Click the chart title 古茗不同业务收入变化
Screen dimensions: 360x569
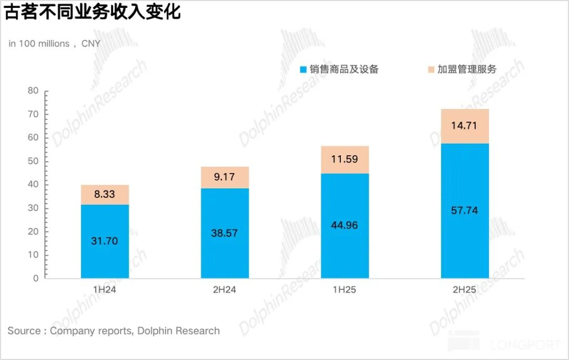click(x=93, y=13)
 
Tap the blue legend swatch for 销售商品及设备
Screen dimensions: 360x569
click(x=304, y=70)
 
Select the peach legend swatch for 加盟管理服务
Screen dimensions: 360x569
click(x=431, y=70)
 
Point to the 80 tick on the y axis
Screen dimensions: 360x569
click(x=33, y=91)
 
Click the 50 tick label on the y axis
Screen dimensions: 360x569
click(x=33, y=162)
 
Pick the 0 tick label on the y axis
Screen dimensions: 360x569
click(x=35, y=279)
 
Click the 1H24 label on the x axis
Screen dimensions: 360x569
click(x=105, y=290)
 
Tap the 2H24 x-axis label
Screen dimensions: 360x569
click(x=225, y=290)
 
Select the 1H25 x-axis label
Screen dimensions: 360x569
click(x=345, y=290)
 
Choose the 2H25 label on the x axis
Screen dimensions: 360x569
click(x=464, y=290)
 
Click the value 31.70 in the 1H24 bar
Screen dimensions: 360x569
click(x=105, y=241)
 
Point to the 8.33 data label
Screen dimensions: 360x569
click(x=105, y=195)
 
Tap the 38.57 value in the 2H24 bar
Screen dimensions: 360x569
click(x=225, y=233)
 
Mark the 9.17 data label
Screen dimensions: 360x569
click(x=225, y=177)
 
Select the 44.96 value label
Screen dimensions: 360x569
click(x=345, y=225)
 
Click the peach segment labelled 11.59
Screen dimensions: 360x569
click(x=345, y=159)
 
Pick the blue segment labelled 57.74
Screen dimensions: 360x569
click(x=464, y=210)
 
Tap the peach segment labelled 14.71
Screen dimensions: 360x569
click(x=464, y=126)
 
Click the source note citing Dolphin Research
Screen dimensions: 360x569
click(x=113, y=331)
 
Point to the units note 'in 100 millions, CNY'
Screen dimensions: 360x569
click(x=54, y=44)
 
